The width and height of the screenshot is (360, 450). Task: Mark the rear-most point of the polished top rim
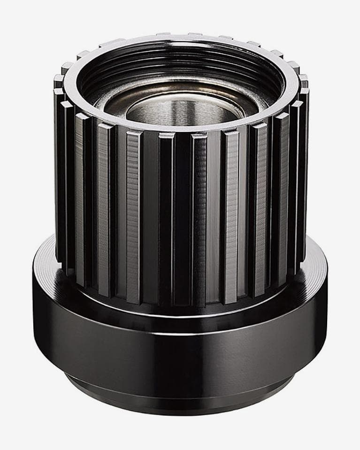point(181,38)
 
